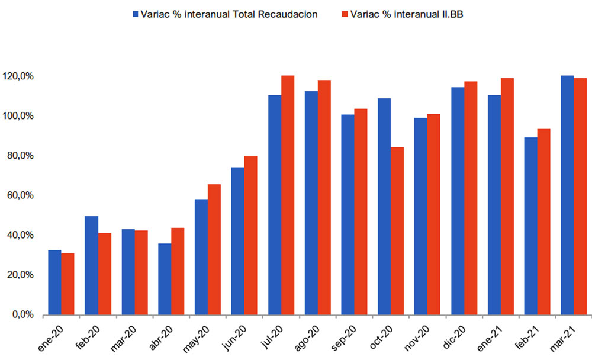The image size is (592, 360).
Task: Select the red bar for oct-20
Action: coord(397,231)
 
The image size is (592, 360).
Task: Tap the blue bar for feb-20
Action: coord(91,265)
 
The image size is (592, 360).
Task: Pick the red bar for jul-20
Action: coord(288,195)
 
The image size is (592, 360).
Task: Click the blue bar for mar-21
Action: coord(567,195)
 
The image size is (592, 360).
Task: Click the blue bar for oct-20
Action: coord(384,207)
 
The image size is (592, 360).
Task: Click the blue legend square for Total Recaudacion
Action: coord(136,14)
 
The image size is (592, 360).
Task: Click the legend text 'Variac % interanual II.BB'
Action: coord(407,14)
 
